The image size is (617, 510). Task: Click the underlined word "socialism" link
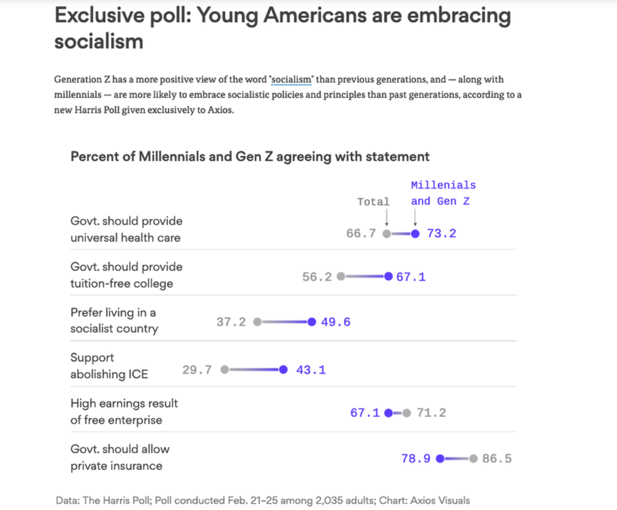coord(291,80)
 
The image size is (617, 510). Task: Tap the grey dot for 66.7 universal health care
coord(387,234)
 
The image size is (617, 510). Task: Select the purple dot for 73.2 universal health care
coord(415,234)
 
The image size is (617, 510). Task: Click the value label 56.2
coord(317,277)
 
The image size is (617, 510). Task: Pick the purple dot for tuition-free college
coord(389,277)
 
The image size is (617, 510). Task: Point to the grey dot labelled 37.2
coord(257,322)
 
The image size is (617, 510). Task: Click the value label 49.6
coord(336,322)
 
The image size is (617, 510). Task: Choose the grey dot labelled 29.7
coord(225,370)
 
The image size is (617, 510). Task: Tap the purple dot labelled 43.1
coord(283,370)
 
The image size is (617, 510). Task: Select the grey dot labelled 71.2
coord(406,413)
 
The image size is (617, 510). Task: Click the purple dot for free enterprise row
coord(389,413)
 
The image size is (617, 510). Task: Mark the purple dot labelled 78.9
coord(440,459)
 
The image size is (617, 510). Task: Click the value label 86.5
coord(497,459)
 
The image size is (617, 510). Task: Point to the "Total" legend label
coord(373,202)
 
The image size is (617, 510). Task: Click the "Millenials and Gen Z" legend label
coord(443,193)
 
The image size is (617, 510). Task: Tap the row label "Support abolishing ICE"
coord(109,366)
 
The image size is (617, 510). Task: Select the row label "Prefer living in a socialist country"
coord(114,320)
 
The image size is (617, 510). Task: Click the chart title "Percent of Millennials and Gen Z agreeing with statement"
coord(250,157)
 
